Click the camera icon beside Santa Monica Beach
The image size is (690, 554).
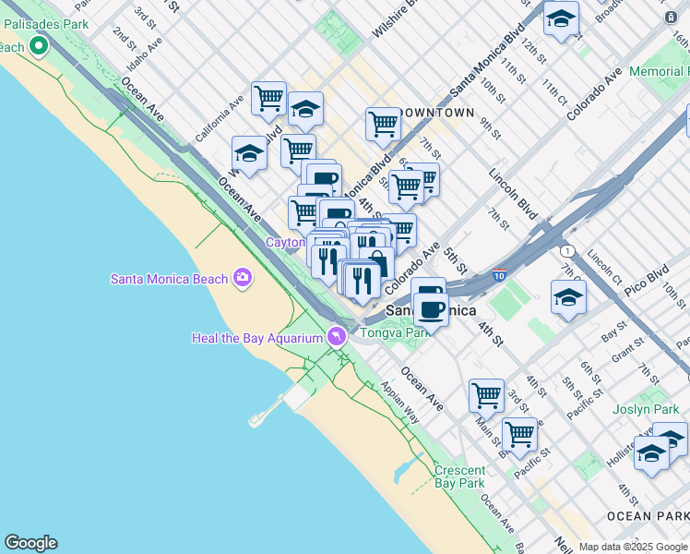243,277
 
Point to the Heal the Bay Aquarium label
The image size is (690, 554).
257,338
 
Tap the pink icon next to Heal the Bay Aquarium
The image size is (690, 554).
337,336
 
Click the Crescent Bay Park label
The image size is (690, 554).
459,476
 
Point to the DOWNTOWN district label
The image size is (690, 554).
438,113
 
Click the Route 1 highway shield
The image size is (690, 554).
565,251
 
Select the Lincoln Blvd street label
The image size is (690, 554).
512,188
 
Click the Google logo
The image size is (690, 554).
30,543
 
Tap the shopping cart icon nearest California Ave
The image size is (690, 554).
268,97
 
